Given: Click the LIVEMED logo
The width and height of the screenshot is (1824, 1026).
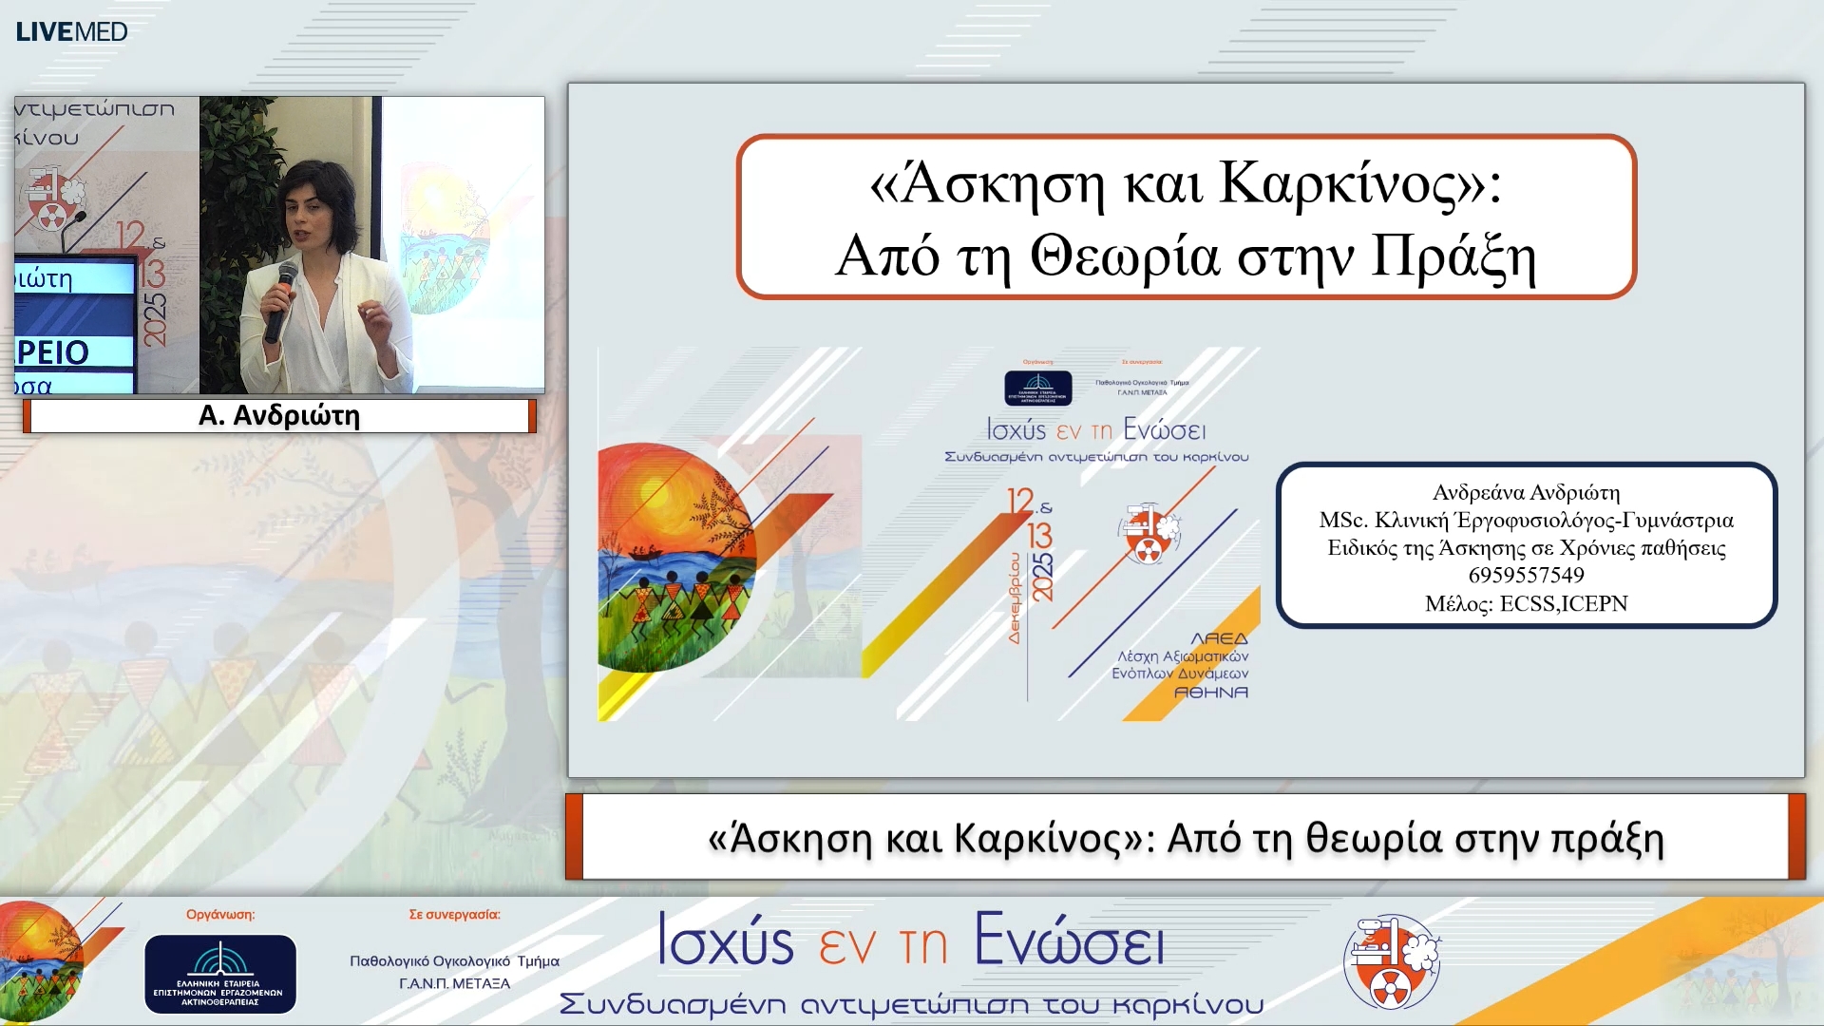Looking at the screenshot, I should pyautogui.click(x=71, y=31).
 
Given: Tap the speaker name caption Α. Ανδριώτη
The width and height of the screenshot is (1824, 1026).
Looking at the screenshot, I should pyautogui.click(x=278, y=415).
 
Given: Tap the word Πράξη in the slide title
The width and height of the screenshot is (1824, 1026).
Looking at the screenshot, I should pyautogui.click(x=1453, y=257).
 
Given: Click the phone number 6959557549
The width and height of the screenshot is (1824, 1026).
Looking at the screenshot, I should pyautogui.click(x=1526, y=575).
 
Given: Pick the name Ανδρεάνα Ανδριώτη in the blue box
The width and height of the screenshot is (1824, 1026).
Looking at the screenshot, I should pyautogui.click(x=1526, y=492).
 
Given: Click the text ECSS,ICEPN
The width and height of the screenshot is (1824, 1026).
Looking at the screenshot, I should pyautogui.click(x=1563, y=603).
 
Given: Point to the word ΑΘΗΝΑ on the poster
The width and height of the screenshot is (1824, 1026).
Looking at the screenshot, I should pyautogui.click(x=1210, y=693).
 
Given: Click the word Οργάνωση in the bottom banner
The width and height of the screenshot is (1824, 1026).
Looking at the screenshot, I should pyautogui.click(x=219, y=914).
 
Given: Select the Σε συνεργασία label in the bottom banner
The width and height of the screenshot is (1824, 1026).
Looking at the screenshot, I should pyautogui.click(x=454, y=914).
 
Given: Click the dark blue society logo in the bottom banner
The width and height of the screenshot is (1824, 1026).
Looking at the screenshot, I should pyautogui.click(x=220, y=973).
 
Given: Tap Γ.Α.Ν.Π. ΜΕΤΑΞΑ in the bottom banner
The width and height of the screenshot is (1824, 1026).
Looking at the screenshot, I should pyautogui.click(x=454, y=983).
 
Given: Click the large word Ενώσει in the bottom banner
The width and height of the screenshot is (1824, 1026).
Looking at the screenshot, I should pyautogui.click(x=1068, y=941).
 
